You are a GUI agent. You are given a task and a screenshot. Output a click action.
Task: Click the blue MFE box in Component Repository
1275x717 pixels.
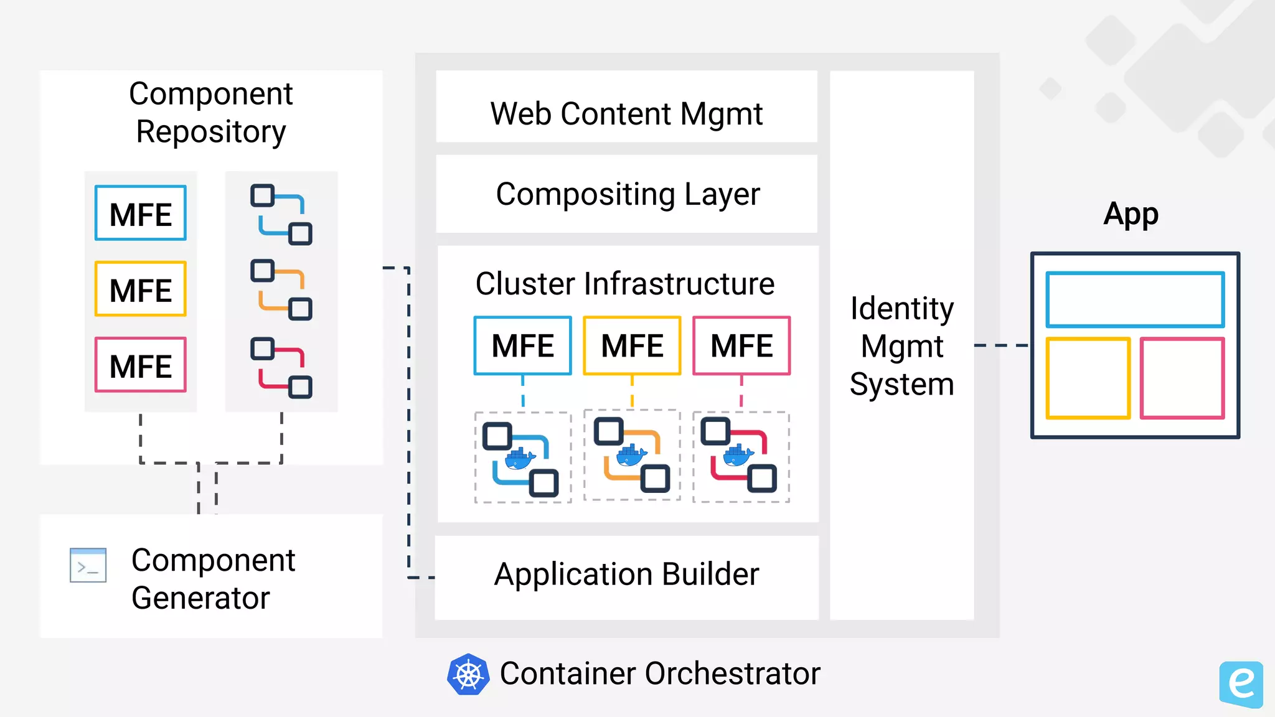point(141,213)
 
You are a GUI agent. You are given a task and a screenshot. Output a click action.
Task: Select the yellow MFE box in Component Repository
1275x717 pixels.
point(141,289)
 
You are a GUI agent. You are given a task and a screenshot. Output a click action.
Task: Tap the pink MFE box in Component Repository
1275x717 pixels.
point(141,365)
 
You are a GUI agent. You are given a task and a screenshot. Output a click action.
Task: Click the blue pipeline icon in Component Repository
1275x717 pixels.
point(281,214)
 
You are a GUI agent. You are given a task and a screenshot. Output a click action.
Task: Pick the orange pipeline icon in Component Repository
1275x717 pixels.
point(281,290)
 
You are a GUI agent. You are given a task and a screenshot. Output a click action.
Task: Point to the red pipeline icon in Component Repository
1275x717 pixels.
point(281,367)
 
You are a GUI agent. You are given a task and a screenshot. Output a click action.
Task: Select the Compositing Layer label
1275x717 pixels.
point(628,194)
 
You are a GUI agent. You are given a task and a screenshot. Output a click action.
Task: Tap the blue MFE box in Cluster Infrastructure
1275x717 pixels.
point(522,346)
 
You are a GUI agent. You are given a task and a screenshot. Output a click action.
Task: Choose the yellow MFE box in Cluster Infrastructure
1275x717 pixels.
point(632,346)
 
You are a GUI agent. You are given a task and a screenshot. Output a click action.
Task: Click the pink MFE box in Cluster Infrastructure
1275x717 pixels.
point(741,346)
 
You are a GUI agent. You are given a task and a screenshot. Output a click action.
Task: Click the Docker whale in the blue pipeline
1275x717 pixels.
point(520,459)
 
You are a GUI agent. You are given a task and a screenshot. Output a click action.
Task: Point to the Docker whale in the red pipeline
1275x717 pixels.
point(738,456)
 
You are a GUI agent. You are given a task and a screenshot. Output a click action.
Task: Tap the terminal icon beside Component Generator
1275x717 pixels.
point(88,565)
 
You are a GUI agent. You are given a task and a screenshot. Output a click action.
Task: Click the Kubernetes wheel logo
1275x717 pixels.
point(468,674)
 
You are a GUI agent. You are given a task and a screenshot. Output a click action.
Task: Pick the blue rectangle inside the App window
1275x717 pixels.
point(1135,299)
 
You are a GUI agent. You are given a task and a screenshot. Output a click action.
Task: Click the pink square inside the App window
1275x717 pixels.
point(1182,378)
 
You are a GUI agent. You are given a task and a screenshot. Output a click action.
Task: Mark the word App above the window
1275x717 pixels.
point(1131,214)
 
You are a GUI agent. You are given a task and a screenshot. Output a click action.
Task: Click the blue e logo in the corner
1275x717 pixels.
point(1241,684)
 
